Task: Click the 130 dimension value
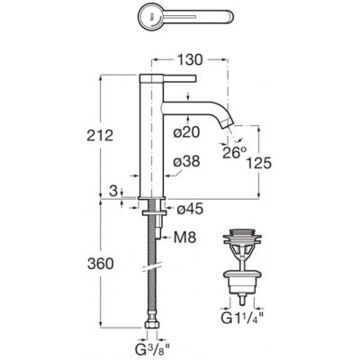[190, 59]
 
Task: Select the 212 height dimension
[100, 136]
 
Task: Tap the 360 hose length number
[101, 264]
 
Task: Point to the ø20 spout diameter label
[186, 131]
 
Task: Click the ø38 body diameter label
[186, 161]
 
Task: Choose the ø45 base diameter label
[190, 209]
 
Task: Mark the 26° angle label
[234, 152]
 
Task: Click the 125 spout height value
[258, 163]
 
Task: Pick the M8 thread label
[184, 238]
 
